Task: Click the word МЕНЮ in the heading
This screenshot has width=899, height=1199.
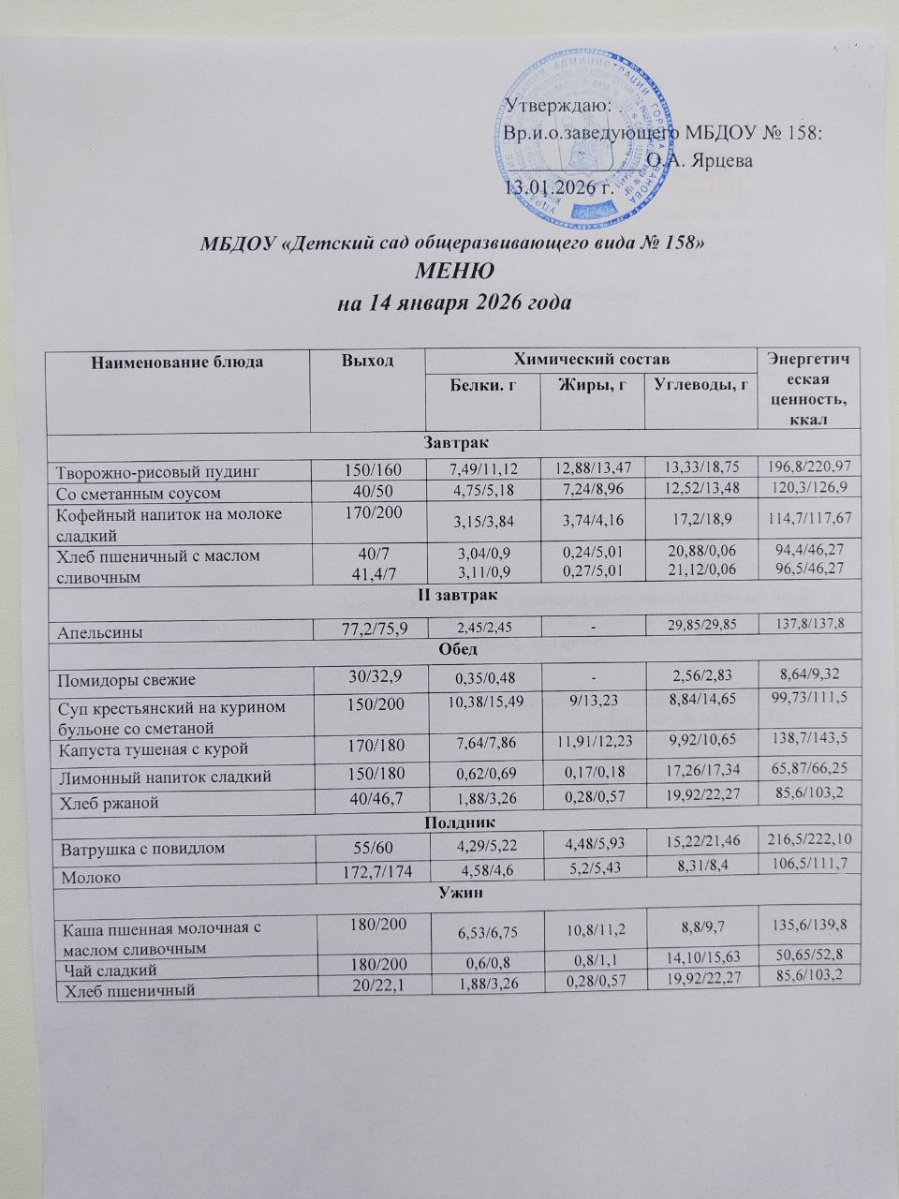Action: (x=454, y=274)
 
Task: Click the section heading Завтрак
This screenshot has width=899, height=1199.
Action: (x=454, y=440)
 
